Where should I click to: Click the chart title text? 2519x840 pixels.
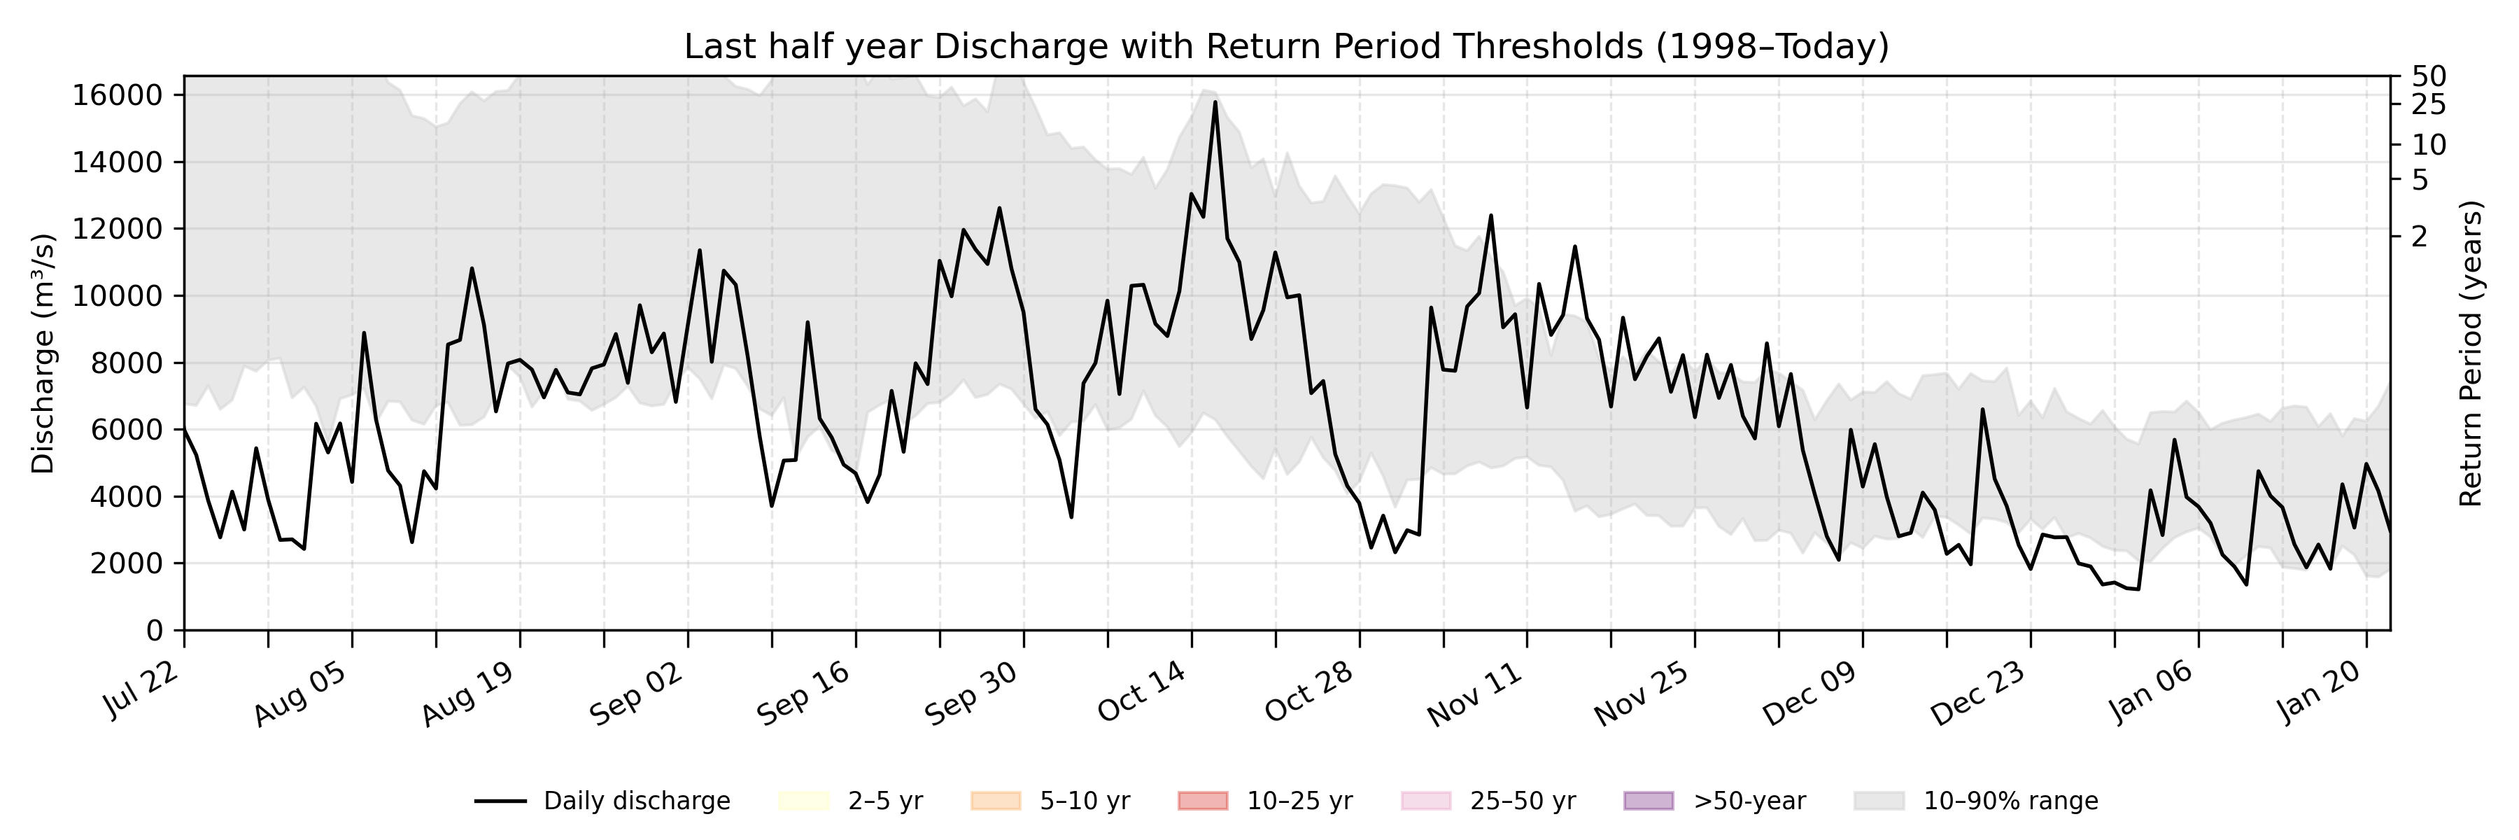click(x=1286, y=46)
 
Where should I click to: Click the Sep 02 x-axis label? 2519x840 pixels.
click(x=637, y=692)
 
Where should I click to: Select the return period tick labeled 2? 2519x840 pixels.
click(x=2419, y=237)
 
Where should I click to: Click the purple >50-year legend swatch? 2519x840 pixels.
click(x=1648, y=801)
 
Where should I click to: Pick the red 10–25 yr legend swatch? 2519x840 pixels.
click(x=1203, y=801)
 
